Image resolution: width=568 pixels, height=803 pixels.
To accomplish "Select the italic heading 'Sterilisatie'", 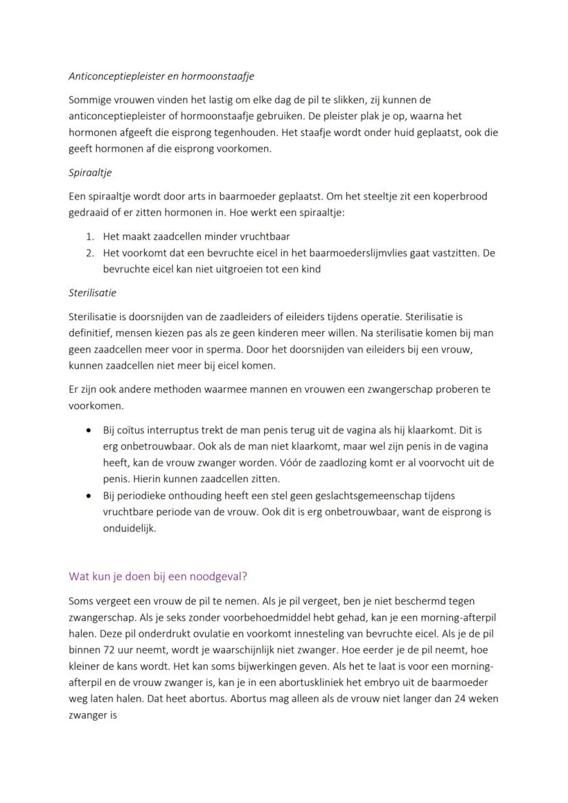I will (93, 292).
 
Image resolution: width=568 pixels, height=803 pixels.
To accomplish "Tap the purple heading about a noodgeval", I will (163, 576).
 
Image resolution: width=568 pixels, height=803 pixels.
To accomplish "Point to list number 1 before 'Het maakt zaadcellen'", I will (90, 236).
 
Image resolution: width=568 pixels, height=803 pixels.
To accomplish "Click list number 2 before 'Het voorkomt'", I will (90, 253).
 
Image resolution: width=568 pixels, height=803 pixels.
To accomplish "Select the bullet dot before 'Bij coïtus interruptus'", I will (88, 431).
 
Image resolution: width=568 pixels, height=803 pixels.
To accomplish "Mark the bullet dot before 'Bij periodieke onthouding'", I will (88, 495).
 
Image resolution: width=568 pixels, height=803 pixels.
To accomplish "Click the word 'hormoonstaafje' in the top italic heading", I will (221, 77).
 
